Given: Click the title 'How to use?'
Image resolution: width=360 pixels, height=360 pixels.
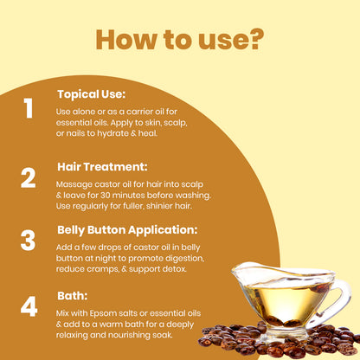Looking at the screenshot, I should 180,39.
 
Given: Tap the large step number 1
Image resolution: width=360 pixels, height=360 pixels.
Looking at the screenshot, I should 28,109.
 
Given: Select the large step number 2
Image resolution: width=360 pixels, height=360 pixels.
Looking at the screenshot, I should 28,177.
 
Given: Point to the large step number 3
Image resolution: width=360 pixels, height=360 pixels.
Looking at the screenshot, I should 28,239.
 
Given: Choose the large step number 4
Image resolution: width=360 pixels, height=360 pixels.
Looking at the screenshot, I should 29,307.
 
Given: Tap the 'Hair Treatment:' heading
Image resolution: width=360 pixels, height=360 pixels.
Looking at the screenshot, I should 103,165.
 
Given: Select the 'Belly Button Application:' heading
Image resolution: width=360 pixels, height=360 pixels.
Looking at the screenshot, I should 127,231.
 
